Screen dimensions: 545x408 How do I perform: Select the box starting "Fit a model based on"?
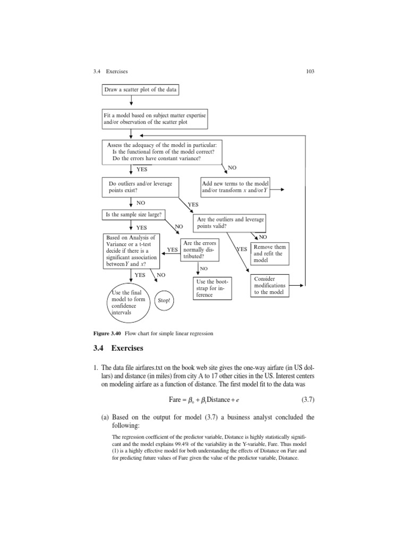(x=155, y=119)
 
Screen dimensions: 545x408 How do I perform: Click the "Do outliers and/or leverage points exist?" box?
(x=140, y=186)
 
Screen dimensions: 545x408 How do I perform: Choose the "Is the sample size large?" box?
(x=133, y=214)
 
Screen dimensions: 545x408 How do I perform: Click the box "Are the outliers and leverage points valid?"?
(x=231, y=222)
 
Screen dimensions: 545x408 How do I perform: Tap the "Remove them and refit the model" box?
(x=270, y=254)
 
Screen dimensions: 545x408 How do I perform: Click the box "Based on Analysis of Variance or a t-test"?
(x=131, y=251)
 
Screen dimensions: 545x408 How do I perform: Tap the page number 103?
(x=311, y=71)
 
